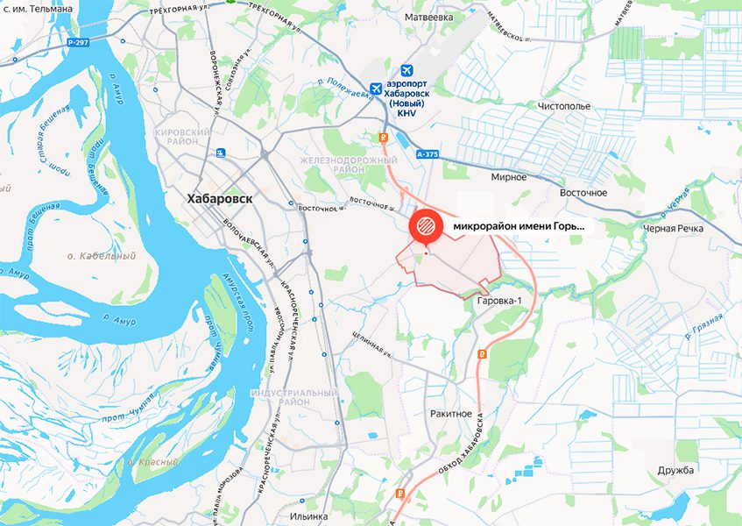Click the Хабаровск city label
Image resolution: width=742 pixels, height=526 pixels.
click(219, 199)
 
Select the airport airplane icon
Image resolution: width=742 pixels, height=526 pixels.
click(406, 70)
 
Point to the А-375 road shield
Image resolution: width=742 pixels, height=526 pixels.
click(427, 153)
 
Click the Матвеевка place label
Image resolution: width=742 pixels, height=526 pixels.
click(428, 17)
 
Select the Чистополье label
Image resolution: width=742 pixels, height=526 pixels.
click(565, 106)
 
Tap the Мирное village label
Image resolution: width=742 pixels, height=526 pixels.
click(509, 176)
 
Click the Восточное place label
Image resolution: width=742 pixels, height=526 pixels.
click(583, 192)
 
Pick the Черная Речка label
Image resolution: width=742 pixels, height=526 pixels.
click(674, 228)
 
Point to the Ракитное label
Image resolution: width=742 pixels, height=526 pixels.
click(452, 413)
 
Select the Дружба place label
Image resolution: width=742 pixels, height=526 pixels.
click(675, 470)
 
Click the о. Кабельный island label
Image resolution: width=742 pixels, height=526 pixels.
click(102, 256)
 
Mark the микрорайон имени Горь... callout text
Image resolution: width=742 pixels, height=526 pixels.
click(518, 226)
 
